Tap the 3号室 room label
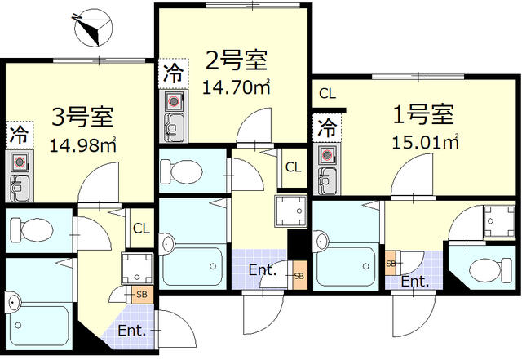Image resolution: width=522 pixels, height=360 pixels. coord(82,118)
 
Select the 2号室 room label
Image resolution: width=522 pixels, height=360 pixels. coord(236,60)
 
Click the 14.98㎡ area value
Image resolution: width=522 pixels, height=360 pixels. coord(82,146)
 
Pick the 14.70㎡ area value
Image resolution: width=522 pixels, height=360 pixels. coord(237,87)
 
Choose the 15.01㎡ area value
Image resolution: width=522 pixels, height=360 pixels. coord(426,142)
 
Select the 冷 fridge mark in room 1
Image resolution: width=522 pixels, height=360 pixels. coord(326,127)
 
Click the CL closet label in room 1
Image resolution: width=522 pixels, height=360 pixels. coord(327,94)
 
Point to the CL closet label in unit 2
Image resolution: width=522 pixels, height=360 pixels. coord(293,168)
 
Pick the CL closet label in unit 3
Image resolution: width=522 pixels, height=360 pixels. coord(140,229)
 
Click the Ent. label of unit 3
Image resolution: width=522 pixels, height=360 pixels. coord(131,331)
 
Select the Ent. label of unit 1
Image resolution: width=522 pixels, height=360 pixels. coord(414,282)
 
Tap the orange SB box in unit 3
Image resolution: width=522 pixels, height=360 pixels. coord(141,293)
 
